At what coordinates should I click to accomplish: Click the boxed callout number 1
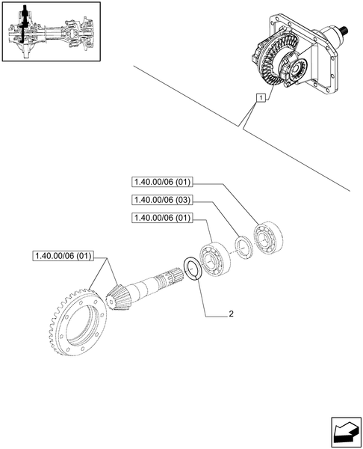point(258,98)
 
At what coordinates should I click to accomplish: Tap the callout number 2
point(232,315)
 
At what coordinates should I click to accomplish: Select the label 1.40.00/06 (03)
point(162,200)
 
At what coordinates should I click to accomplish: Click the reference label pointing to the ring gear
point(63,257)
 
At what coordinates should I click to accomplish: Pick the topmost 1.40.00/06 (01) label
point(162,181)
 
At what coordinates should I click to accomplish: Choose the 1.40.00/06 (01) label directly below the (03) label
point(162,218)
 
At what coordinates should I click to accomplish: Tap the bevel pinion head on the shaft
point(117,293)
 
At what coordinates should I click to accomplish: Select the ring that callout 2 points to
point(190,267)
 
